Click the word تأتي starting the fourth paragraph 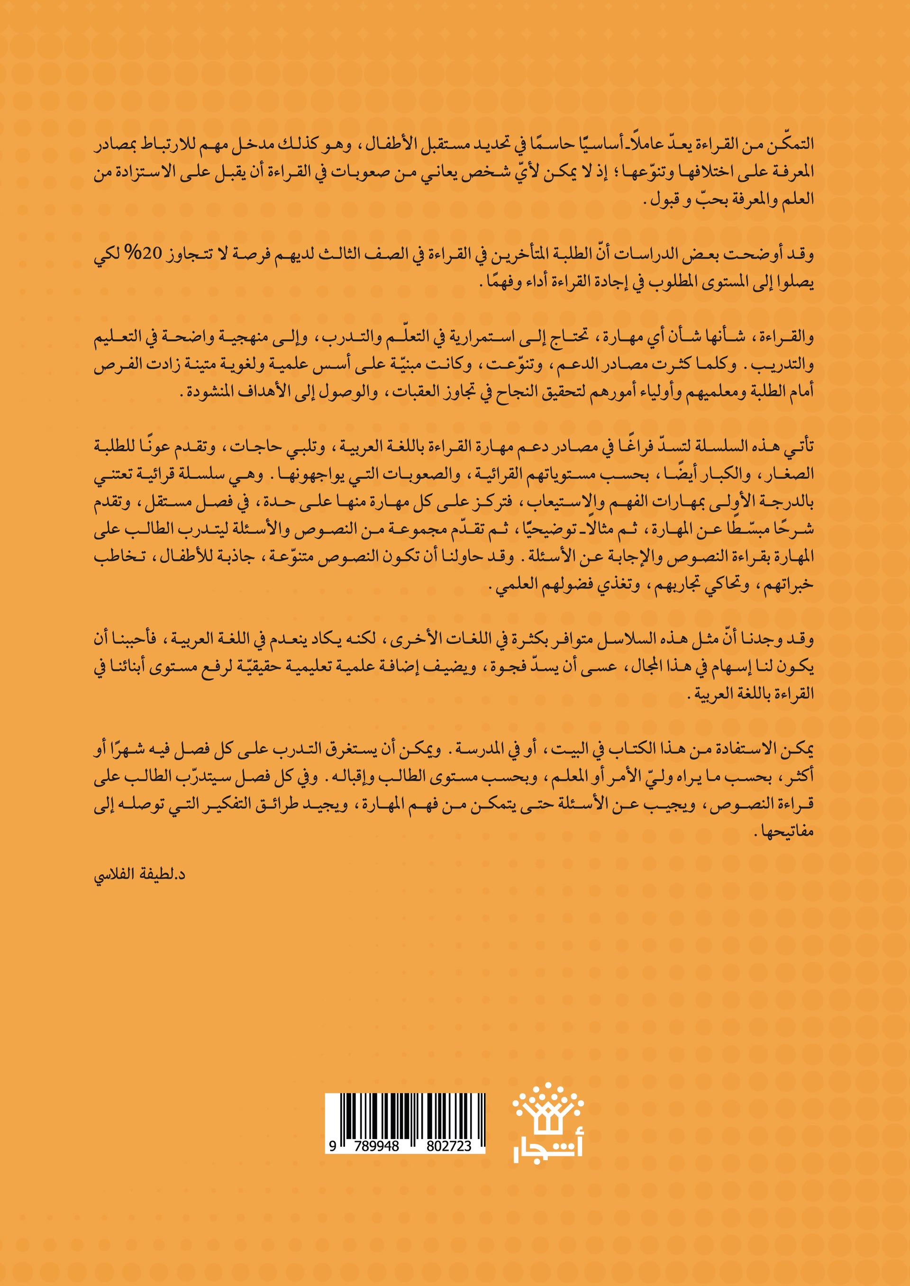click(x=800, y=446)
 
